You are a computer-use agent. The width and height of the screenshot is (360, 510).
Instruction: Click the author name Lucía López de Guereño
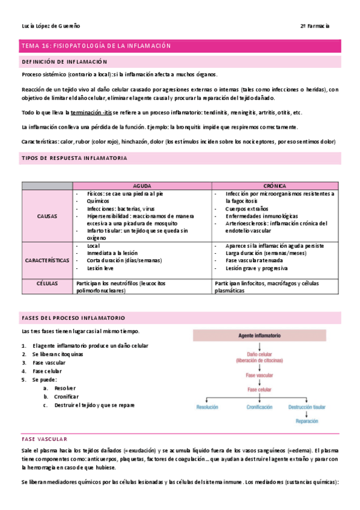pyautogui.click(x=50, y=26)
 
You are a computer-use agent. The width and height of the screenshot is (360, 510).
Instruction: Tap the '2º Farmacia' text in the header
pyautogui.click(x=315, y=26)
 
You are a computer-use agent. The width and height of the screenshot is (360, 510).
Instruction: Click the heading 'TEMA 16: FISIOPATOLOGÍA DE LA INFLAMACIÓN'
pyautogui.click(x=96, y=46)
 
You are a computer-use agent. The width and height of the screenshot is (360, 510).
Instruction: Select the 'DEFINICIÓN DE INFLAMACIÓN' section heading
pyautogui.click(x=64, y=62)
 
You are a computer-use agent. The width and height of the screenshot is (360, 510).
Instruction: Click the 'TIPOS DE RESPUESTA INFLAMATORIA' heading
pyautogui.click(x=74, y=158)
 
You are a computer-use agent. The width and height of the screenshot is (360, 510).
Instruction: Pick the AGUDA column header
pyautogui.click(x=142, y=186)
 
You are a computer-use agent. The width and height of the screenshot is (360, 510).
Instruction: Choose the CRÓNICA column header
pyautogui.click(x=275, y=186)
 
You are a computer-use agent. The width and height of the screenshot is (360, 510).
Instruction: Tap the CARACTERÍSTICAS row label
pyautogui.click(x=47, y=260)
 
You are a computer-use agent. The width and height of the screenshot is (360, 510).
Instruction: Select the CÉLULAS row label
pyautogui.click(x=47, y=283)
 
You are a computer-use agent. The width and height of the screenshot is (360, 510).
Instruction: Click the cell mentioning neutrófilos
pyautogui.click(x=142, y=286)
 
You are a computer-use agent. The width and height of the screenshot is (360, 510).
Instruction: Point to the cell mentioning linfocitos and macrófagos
pyautogui.click(x=275, y=286)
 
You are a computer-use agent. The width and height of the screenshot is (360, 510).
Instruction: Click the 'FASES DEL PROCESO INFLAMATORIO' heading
pyautogui.click(x=73, y=317)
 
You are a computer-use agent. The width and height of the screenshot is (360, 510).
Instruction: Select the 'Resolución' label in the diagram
pyautogui.click(x=207, y=407)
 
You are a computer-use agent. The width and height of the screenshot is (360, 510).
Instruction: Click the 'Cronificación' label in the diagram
pyautogui.click(x=260, y=407)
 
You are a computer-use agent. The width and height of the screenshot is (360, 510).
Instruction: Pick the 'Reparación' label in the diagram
pyautogui.click(x=311, y=422)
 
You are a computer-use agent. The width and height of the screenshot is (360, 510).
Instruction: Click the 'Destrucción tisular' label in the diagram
pyautogui.click(x=310, y=407)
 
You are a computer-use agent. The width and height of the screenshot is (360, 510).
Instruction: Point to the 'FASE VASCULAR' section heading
pyautogui.click(x=44, y=439)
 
